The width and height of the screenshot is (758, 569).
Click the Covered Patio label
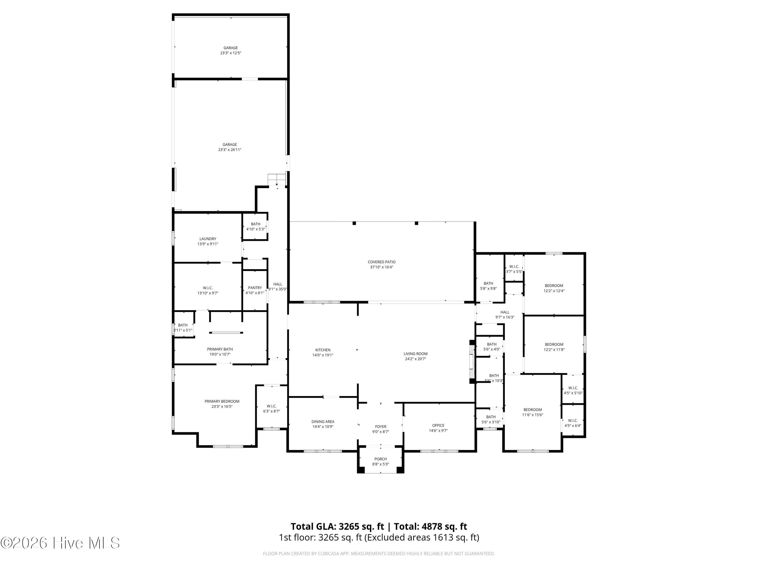381,262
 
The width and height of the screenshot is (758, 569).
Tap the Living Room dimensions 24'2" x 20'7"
415,359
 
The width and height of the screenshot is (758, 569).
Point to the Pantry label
255,288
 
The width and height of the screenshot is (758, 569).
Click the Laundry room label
208,239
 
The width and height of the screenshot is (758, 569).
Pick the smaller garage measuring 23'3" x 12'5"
231,50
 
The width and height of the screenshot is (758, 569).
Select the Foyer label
381,427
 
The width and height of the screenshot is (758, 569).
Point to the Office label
438,425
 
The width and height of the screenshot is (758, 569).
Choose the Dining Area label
323,422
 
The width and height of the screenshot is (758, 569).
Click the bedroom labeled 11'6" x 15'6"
533,412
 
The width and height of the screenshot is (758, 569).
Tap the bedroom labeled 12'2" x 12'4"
554,288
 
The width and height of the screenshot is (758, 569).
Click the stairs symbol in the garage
277,179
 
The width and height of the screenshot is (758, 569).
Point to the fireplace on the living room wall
472,361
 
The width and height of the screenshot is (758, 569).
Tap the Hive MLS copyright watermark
60,543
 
